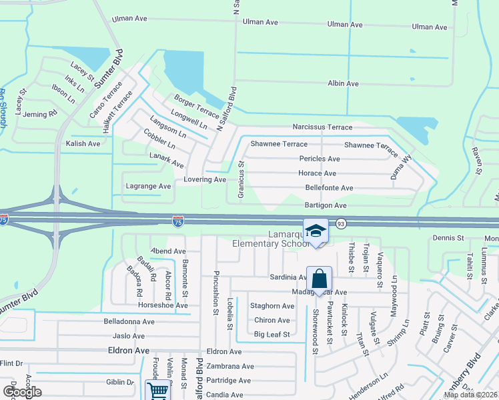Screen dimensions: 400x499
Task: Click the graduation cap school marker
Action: [x=316, y=231]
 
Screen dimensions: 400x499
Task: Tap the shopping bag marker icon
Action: [x=320, y=279]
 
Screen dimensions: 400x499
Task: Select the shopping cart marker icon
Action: [x=158, y=391]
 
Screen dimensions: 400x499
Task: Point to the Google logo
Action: [x=21, y=392]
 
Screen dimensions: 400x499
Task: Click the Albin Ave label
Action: [x=343, y=84]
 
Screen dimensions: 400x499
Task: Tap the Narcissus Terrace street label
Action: [x=322, y=127]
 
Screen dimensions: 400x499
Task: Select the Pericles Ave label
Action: [x=320, y=159]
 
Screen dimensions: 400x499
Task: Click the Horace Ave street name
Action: [x=317, y=173]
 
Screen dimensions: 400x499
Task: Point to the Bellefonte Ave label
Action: [x=329, y=188]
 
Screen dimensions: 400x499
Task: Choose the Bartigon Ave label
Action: [x=326, y=205]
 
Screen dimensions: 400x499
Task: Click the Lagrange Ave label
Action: [x=148, y=186]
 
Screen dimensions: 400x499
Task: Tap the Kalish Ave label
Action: [x=83, y=143]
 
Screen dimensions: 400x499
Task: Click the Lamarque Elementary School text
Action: [x=267, y=239]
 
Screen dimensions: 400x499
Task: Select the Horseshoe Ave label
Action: [x=159, y=305]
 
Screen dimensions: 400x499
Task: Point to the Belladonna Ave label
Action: [x=129, y=321]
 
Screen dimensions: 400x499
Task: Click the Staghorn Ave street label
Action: [x=272, y=306]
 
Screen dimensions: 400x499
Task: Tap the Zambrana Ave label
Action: [x=230, y=366]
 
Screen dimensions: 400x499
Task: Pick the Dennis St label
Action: [x=448, y=237]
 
